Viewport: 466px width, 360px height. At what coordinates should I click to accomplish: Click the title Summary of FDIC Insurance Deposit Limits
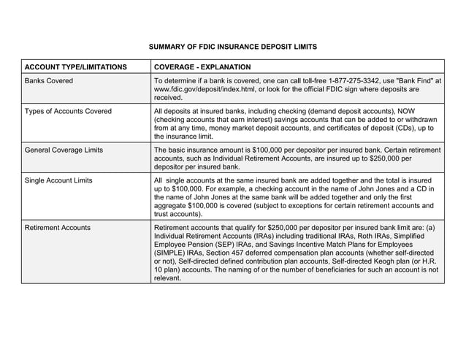(x=233, y=47)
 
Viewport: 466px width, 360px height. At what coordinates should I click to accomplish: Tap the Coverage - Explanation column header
(x=202, y=67)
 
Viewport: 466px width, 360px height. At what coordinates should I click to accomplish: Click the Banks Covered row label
(x=49, y=81)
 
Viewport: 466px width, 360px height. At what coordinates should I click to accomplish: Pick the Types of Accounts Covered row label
(x=68, y=112)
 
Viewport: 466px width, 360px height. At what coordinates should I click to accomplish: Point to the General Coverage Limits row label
(x=64, y=150)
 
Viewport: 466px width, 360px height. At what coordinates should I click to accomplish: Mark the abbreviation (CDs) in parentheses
(x=406, y=128)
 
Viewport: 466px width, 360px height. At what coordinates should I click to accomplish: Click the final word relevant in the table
(x=168, y=277)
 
